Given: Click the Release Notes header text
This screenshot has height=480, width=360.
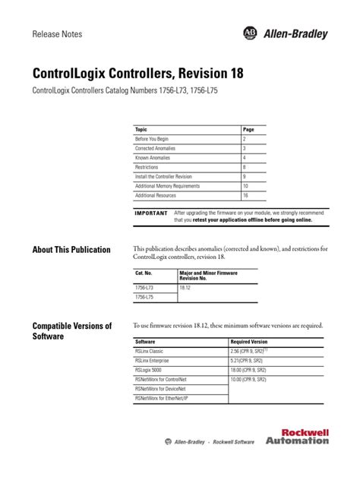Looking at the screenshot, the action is pos(57,35).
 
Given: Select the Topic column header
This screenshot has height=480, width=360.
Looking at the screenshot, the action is pos(141,130).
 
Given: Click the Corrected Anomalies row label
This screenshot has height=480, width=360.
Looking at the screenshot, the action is pos(154,149).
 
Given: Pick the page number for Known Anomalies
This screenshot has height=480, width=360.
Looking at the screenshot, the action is pos(245,158).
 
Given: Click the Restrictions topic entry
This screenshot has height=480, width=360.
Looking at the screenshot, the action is pos(147,167).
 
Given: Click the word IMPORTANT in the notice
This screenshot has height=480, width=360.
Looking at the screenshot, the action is pos(150,213).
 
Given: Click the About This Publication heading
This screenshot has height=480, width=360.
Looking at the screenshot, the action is pos(71,250).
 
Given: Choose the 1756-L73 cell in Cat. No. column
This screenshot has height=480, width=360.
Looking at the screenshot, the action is pos(144,289).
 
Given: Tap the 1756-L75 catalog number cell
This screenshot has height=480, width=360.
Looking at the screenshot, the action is pos(144,298).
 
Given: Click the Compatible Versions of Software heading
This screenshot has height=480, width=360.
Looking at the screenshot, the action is pos(72,330).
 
